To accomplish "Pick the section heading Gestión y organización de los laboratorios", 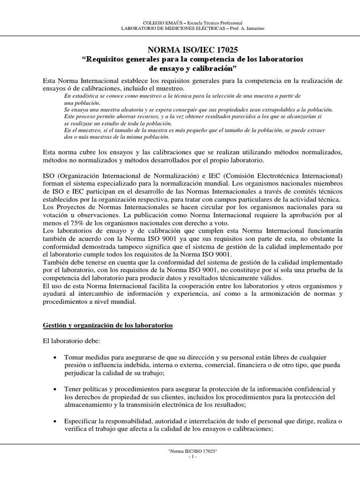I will [108, 325].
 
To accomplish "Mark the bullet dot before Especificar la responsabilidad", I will [56, 421].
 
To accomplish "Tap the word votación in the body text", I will [55, 215].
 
